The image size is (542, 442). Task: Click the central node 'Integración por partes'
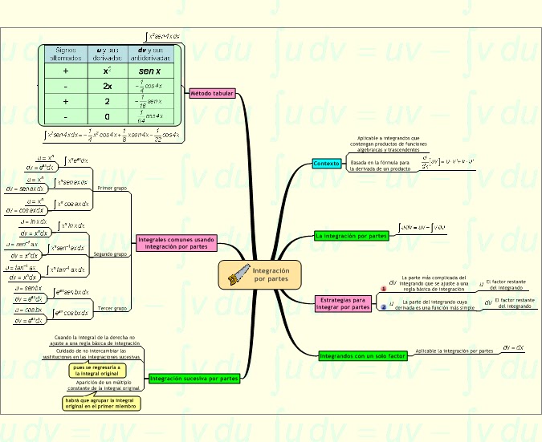(x=270, y=274)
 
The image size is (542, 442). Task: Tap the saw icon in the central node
(x=238, y=274)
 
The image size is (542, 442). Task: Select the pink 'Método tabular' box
(x=212, y=94)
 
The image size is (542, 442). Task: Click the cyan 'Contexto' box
(x=326, y=164)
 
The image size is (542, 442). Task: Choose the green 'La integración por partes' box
(x=352, y=236)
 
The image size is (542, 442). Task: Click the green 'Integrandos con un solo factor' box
(x=361, y=355)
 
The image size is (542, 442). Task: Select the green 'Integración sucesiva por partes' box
(x=194, y=378)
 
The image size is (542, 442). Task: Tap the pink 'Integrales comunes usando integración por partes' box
(x=176, y=242)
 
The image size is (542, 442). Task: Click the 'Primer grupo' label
(x=112, y=188)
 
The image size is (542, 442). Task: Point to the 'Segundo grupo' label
(x=112, y=254)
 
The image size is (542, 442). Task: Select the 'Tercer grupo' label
(x=112, y=308)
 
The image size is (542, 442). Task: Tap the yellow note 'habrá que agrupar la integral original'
(x=102, y=403)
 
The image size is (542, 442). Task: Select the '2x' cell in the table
(x=107, y=87)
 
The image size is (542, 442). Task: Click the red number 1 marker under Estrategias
(x=383, y=289)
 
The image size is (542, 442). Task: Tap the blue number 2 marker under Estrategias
(x=383, y=306)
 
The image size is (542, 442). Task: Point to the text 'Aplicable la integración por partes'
(x=454, y=351)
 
